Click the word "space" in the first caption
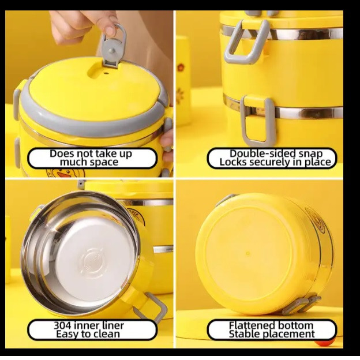tap(104, 163)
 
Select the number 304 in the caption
tap(63, 325)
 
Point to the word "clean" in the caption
tap(106, 334)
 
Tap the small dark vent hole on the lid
tap(106, 74)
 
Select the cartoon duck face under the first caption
tap(66, 172)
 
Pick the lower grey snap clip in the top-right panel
tap(258, 121)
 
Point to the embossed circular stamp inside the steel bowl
tap(91, 262)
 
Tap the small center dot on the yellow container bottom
tap(247, 253)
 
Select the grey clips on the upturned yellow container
tap(301, 305)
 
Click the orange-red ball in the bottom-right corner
tap(320, 344)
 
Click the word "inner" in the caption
tap(88, 325)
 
